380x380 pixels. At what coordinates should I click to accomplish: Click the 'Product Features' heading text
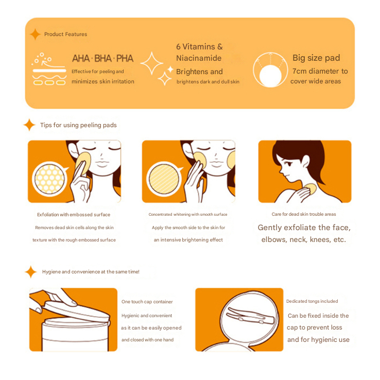tap(65, 34)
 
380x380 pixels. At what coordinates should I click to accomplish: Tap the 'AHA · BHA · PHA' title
tap(103, 58)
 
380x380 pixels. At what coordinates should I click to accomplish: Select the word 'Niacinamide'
tap(199, 58)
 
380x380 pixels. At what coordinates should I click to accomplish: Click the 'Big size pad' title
tap(316, 58)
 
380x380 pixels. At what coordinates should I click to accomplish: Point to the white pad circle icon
tap(270, 75)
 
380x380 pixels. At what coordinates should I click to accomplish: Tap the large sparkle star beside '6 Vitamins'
tap(152, 63)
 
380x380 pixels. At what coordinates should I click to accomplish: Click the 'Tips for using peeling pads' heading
tap(78, 125)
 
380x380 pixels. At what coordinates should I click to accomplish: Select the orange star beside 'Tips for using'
tap(29, 125)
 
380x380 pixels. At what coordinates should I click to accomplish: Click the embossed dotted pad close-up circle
tap(49, 179)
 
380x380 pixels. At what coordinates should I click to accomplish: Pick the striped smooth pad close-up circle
tap(164, 179)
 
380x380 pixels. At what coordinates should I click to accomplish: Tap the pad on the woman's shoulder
tap(310, 189)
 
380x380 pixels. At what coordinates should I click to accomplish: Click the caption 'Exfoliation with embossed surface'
tap(74, 215)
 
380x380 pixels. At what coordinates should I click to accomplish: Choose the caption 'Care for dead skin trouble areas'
tap(304, 214)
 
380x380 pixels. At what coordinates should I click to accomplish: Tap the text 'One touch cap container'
tap(147, 302)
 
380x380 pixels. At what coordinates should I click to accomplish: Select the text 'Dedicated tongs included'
tap(312, 301)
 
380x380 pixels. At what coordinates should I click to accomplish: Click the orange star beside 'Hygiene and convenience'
tap(31, 272)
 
